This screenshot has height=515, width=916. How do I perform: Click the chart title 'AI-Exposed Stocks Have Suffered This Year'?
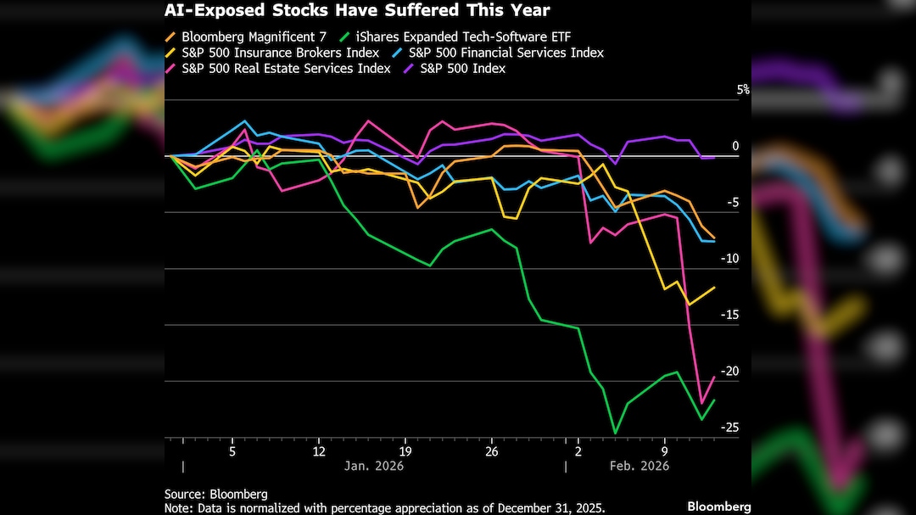pyautogui.click(x=357, y=11)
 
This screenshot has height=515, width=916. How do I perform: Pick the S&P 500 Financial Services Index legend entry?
pyautogui.click(x=505, y=53)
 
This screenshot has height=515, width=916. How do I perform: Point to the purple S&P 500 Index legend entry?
pyautogui.click(x=462, y=68)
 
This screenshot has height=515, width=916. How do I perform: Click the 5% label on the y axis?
pyautogui.click(x=742, y=90)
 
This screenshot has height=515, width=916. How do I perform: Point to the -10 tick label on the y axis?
pyautogui.click(x=729, y=259)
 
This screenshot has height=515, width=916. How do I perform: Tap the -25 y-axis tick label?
pyautogui.click(x=729, y=427)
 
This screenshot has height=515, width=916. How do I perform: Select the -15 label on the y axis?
pyautogui.click(x=729, y=315)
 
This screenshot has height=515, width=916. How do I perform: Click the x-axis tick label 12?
pyautogui.click(x=319, y=451)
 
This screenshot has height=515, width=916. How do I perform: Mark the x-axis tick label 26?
pyautogui.click(x=491, y=451)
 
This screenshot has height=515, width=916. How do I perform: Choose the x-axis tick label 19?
pyautogui.click(x=405, y=451)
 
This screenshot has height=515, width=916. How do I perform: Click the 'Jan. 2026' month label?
pyautogui.click(x=373, y=466)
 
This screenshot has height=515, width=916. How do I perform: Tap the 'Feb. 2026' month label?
pyautogui.click(x=640, y=466)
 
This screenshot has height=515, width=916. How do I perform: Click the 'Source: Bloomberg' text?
pyautogui.click(x=215, y=494)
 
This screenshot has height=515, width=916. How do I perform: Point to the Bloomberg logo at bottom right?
pyautogui.click(x=718, y=507)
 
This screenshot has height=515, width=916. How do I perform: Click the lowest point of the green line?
pyautogui.click(x=615, y=434)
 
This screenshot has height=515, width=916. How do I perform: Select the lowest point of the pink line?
pyautogui.click(x=701, y=403)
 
